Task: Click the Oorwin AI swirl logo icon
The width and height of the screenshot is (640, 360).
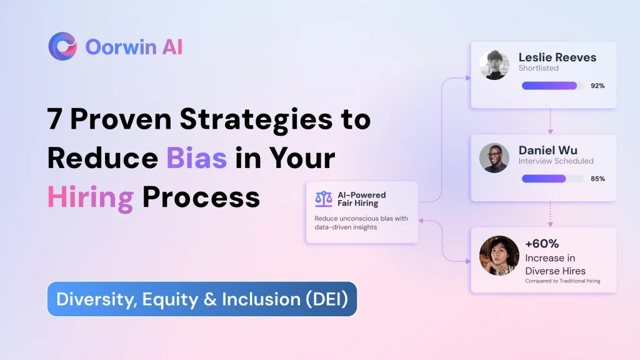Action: [x=62, y=46]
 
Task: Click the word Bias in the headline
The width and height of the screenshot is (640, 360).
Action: [x=196, y=158]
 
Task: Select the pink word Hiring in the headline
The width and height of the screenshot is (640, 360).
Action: [x=91, y=197]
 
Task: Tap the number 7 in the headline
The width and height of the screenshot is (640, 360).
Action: [x=55, y=119]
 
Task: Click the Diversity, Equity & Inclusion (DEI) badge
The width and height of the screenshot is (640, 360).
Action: [x=202, y=299]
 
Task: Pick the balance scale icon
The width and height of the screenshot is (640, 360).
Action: [x=324, y=199]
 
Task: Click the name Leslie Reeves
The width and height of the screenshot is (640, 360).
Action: [x=557, y=57]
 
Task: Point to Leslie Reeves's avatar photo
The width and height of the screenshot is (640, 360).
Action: [x=494, y=65]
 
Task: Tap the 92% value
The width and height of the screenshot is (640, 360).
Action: [x=597, y=86]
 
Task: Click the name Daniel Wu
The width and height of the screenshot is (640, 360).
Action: [x=547, y=150]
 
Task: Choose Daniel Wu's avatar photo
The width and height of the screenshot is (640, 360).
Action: [x=494, y=158]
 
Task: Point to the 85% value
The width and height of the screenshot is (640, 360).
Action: [x=597, y=179]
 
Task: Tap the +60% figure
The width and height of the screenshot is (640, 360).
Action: [x=542, y=244]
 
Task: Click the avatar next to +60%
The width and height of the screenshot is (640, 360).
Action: [x=499, y=256]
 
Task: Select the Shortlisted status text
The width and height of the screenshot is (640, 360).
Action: [x=538, y=68]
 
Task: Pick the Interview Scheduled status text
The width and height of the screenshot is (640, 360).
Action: [x=556, y=161]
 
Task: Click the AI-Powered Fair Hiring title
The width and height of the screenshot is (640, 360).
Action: [x=362, y=199]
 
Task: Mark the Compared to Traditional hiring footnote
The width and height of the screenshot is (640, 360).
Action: [x=562, y=281]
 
